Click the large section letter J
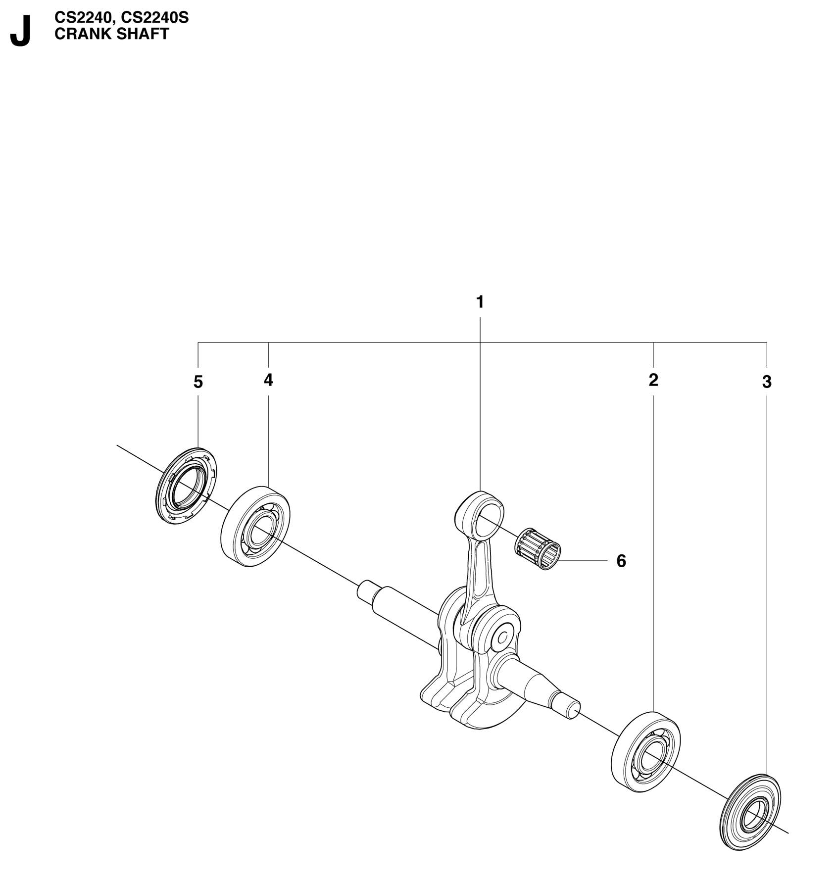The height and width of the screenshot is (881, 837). (x=21, y=31)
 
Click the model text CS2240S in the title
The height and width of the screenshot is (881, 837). (x=155, y=18)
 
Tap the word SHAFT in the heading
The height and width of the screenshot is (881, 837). (x=143, y=34)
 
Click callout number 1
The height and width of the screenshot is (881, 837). (x=480, y=301)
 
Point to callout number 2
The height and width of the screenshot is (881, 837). (x=653, y=380)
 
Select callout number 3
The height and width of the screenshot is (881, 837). (x=767, y=382)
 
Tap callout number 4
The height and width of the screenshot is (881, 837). (x=268, y=380)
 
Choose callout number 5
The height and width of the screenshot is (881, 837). (x=198, y=382)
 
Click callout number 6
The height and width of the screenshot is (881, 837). (x=621, y=561)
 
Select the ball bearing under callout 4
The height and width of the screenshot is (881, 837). (x=255, y=527)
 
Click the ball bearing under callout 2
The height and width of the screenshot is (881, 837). (x=646, y=752)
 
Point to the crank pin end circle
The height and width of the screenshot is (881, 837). (x=502, y=639)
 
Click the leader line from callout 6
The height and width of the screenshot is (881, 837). (x=583, y=561)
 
